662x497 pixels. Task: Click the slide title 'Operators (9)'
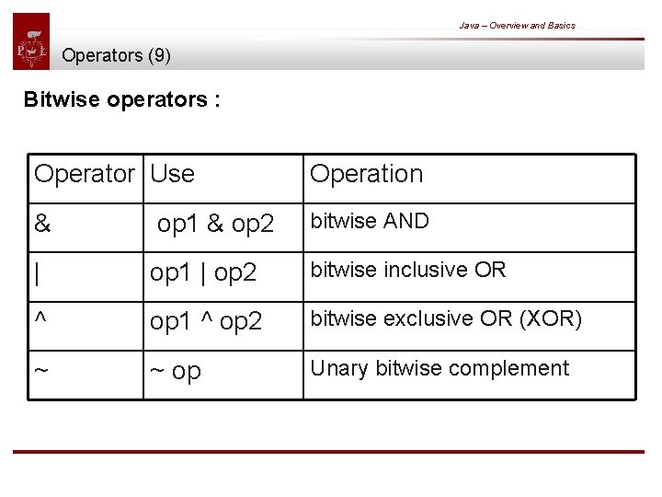(116, 55)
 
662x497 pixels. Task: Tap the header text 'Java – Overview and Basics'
(517, 26)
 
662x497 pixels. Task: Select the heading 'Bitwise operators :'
(121, 99)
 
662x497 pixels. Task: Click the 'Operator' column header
(84, 173)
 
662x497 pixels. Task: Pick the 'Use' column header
(172, 173)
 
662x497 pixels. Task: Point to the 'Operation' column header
(366, 173)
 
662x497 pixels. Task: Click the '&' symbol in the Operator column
(41, 224)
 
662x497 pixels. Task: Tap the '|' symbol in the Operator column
(37, 272)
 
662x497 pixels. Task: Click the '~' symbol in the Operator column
(41, 370)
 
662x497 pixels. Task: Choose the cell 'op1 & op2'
(215, 224)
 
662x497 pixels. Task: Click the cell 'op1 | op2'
(203, 273)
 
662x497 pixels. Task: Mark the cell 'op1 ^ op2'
(206, 321)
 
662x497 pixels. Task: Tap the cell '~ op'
(175, 371)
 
